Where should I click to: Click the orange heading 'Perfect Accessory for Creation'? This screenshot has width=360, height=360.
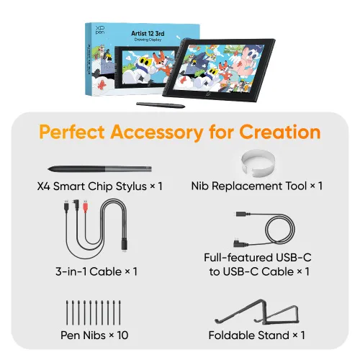179,132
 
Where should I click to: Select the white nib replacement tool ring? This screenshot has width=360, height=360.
256,161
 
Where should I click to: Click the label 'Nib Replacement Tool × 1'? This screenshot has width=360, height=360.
256,186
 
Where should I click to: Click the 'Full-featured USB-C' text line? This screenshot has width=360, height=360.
257,257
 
